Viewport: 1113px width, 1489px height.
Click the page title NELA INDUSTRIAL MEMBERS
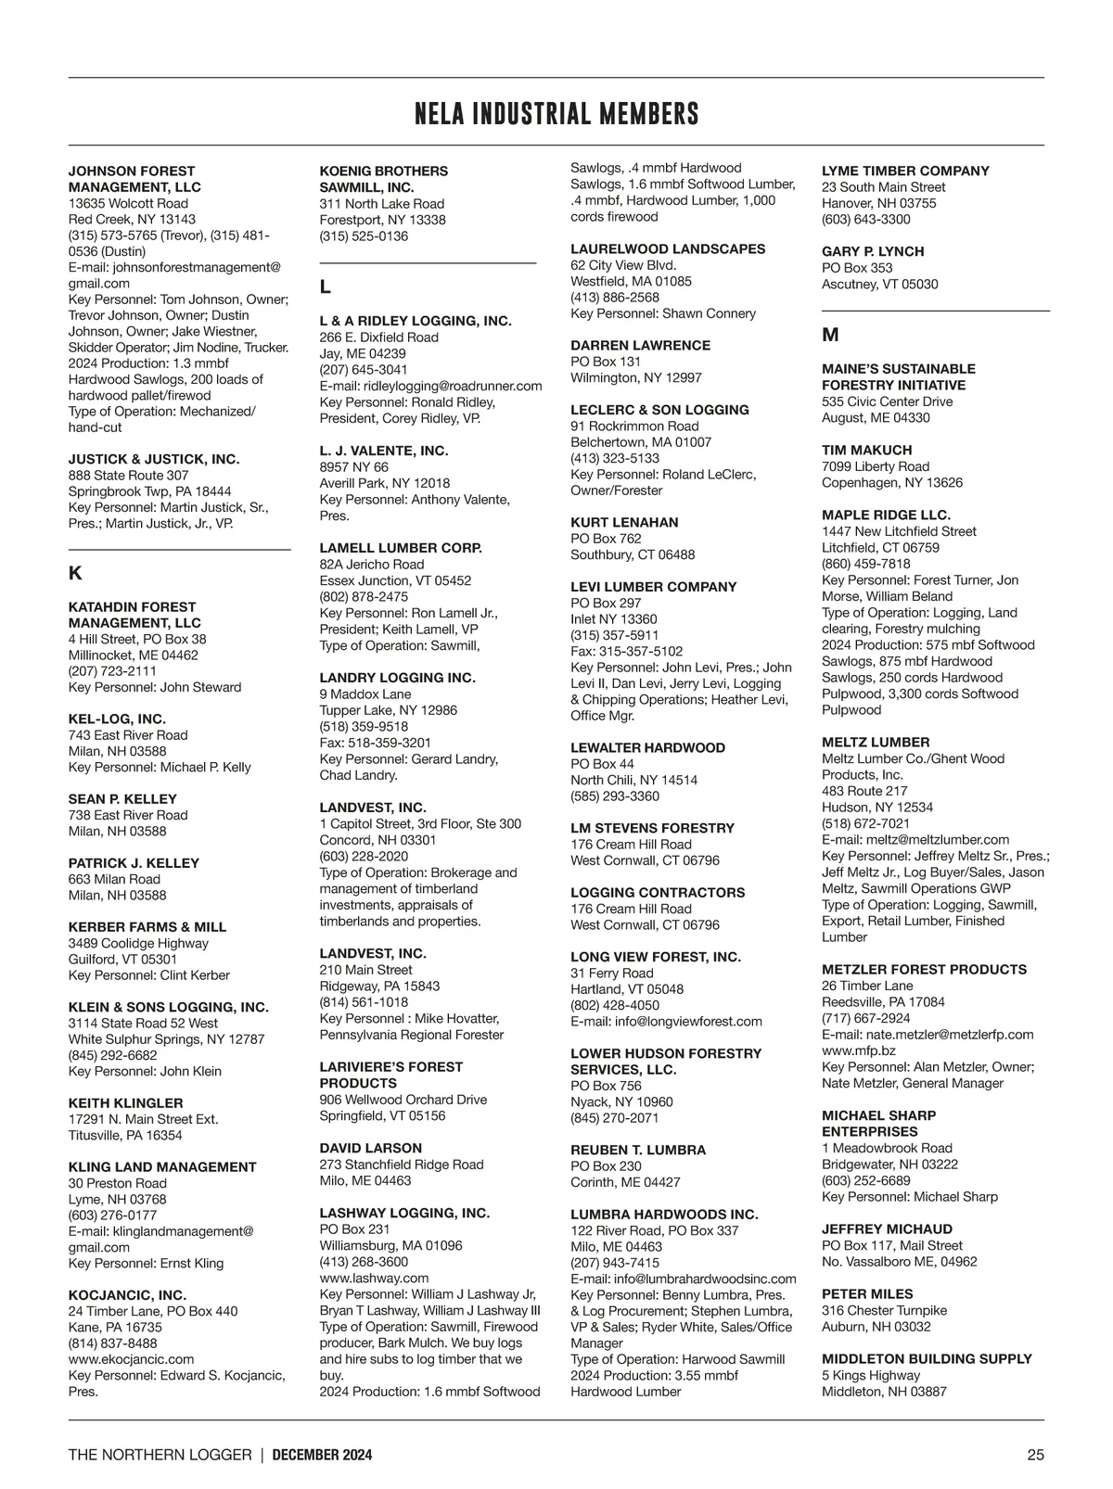[556, 114]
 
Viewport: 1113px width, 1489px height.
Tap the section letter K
[76, 573]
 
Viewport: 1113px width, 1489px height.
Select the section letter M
[830, 335]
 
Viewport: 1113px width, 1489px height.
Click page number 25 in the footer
[1035, 1455]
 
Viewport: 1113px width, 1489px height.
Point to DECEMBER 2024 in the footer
[322, 1455]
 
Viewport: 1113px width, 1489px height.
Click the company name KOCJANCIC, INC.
[127, 1295]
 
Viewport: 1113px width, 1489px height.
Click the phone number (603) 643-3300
[865, 220]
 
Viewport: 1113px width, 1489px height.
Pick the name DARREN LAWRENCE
[640, 346]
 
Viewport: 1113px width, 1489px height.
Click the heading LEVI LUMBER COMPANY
[653, 587]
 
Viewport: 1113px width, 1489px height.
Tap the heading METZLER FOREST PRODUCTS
[924, 970]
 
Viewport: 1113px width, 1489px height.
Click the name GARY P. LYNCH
[873, 252]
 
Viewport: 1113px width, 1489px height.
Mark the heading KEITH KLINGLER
[125, 1103]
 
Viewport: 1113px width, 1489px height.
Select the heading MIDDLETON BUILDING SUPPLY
[927, 1359]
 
